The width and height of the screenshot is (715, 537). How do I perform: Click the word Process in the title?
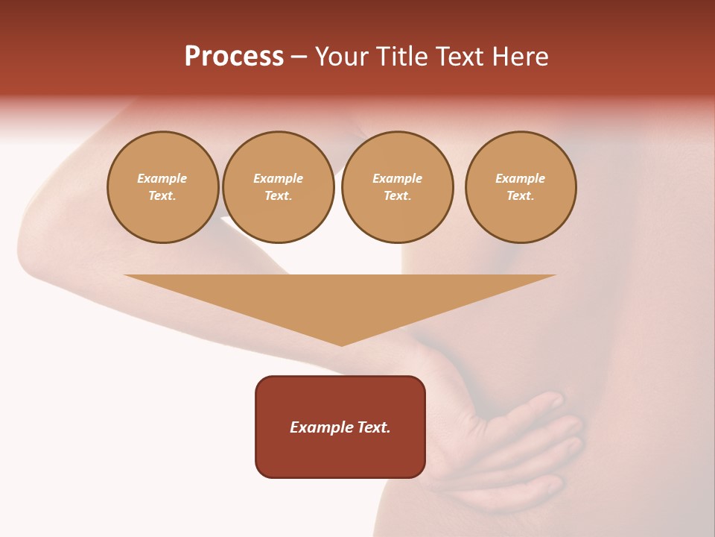click(x=234, y=57)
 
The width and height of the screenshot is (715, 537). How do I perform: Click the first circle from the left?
click(x=163, y=187)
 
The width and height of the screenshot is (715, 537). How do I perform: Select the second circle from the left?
click(x=279, y=187)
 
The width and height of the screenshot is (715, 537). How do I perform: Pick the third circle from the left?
click(x=397, y=187)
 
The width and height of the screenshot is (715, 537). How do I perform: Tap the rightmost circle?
click(x=521, y=187)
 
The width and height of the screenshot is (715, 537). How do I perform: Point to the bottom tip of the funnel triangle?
click(x=342, y=345)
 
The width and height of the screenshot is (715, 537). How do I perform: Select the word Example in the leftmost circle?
click(x=162, y=179)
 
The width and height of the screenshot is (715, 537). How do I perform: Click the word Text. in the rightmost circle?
click(x=521, y=196)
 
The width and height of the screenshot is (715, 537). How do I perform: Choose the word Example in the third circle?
click(x=397, y=179)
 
